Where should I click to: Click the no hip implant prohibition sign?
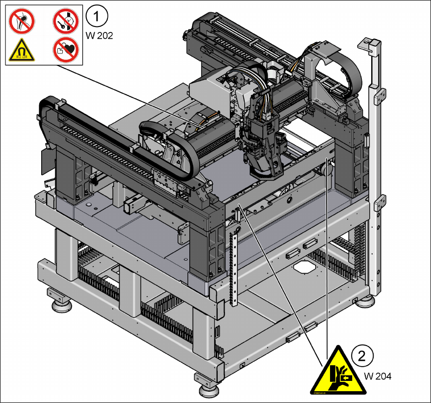[x=22, y=22]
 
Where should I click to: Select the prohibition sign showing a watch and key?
[x=66, y=22]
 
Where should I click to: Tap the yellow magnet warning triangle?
[x=22, y=51]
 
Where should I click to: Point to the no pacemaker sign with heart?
[x=66, y=50]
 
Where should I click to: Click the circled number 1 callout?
[x=97, y=17]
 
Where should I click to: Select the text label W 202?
[x=99, y=36]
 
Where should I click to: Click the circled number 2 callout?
[x=362, y=356]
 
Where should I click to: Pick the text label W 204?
[x=378, y=376]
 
